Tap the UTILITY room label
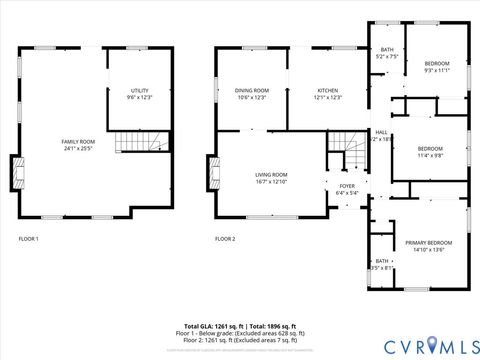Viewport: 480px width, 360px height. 139,91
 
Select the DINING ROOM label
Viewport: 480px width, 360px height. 252,91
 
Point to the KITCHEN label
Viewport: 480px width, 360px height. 329,91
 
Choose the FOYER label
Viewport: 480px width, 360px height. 347,186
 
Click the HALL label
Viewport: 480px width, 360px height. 381,132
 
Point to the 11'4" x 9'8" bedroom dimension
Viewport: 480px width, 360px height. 431,155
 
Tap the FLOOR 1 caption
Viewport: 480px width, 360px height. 29,239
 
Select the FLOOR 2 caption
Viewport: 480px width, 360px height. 225,239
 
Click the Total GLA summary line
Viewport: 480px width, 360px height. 240,327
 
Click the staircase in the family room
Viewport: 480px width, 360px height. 127,143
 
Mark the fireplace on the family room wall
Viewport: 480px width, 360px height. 15,173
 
